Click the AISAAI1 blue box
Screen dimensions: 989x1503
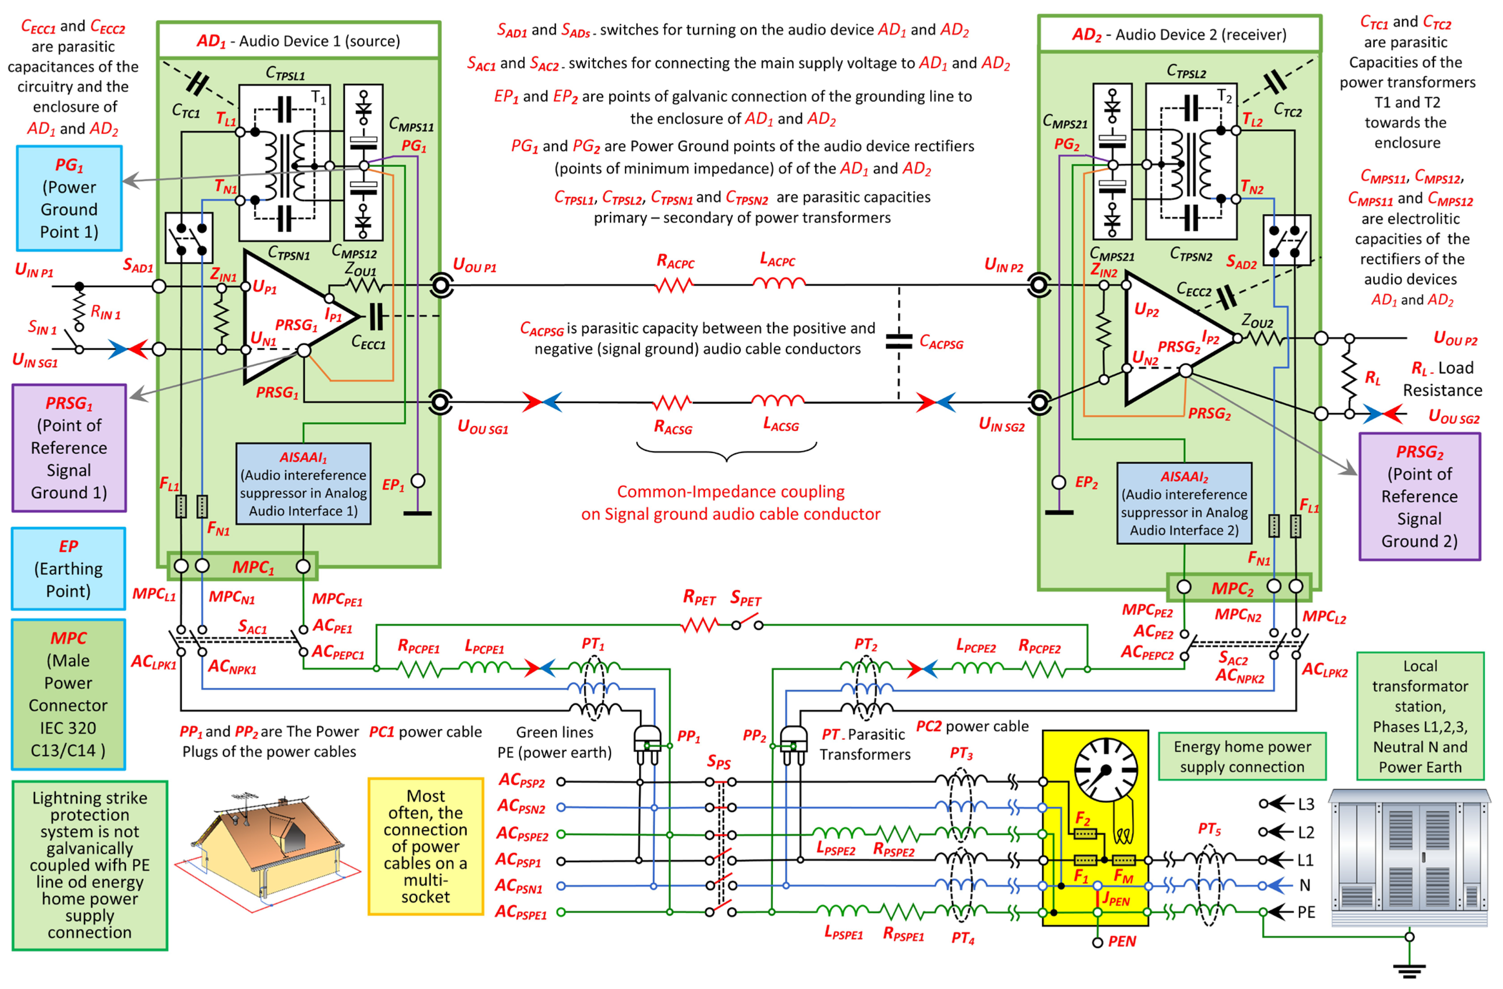coord(303,483)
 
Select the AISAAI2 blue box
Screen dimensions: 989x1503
coord(1184,503)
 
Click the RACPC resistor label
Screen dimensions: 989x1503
coord(675,261)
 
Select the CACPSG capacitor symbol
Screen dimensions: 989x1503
coord(899,341)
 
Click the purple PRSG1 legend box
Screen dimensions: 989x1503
coord(69,448)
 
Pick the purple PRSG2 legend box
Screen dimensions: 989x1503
coord(1419,496)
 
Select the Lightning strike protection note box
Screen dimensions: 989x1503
coord(90,865)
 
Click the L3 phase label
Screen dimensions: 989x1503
coord(1305,804)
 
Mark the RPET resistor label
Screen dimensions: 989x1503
coord(699,597)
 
